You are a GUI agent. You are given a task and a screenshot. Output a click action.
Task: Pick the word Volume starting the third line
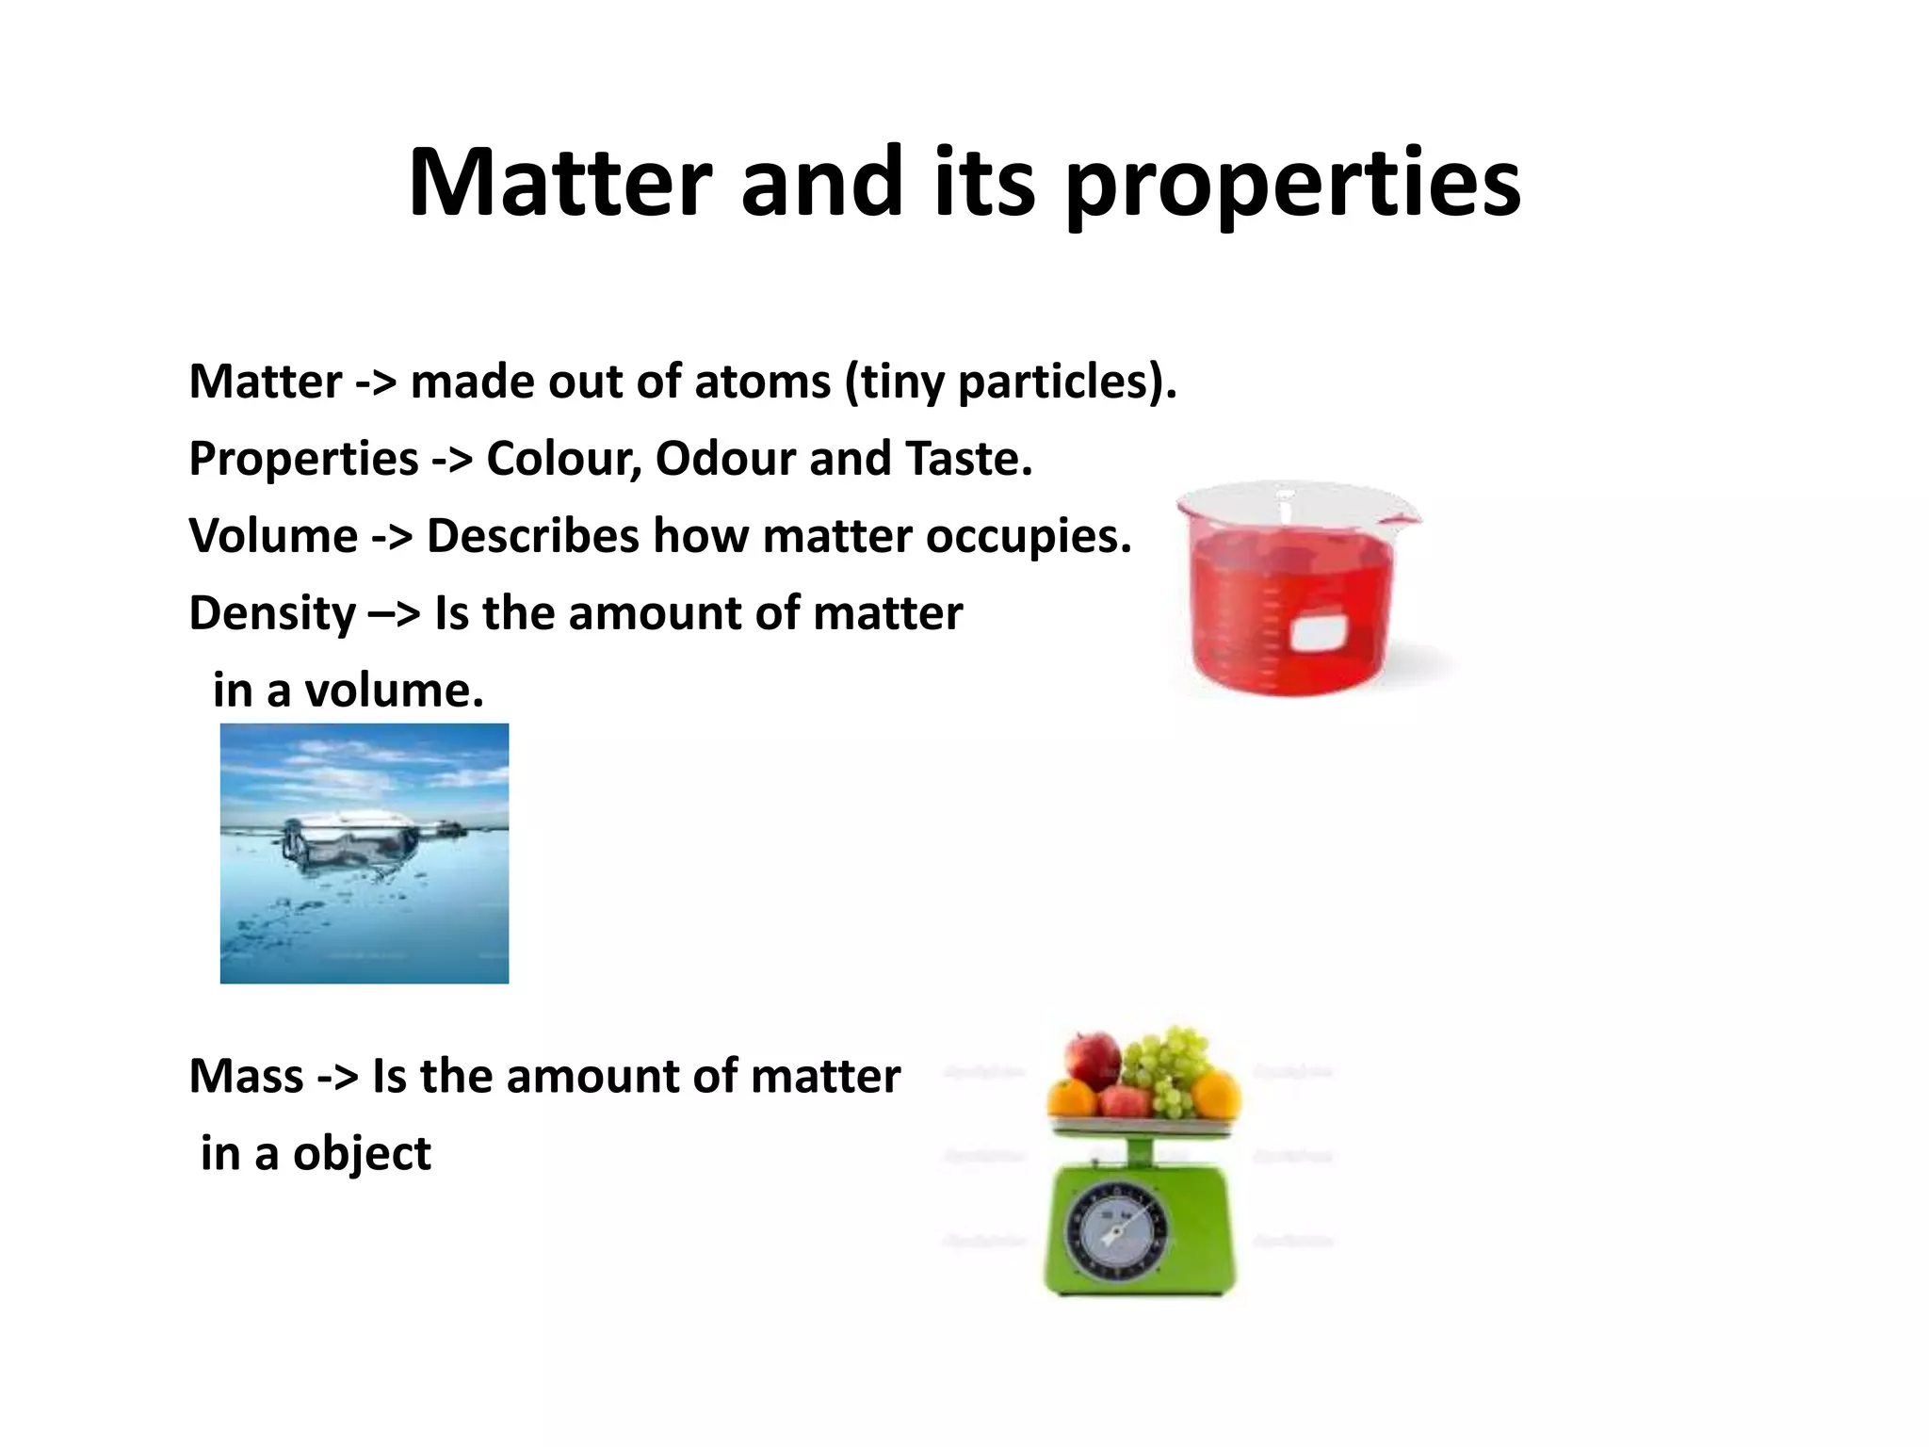pyautogui.click(x=273, y=536)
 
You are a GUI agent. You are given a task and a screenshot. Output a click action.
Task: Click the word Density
pyautogui.click(x=272, y=613)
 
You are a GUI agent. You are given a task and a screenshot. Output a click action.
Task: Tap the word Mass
pyautogui.click(x=246, y=1076)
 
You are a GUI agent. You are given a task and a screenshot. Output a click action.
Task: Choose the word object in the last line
pyautogui.click(x=362, y=1154)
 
